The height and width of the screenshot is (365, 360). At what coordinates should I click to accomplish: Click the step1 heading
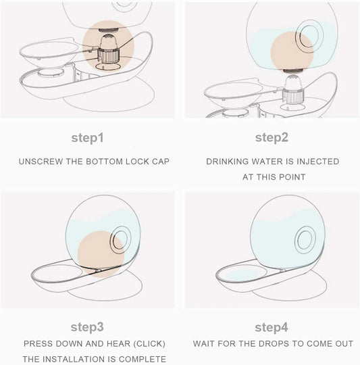(x=87, y=138)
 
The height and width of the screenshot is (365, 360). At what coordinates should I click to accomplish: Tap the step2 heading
(x=272, y=138)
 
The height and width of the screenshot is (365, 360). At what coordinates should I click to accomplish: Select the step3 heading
(x=87, y=327)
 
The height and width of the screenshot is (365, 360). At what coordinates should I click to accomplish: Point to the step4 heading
(x=272, y=328)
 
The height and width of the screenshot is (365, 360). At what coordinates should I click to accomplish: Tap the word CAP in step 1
(x=161, y=162)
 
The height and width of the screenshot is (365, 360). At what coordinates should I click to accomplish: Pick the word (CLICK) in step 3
(x=149, y=344)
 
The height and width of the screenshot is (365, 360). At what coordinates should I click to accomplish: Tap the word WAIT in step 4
(x=204, y=344)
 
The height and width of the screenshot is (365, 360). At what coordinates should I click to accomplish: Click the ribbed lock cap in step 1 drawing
(x=108, y=56)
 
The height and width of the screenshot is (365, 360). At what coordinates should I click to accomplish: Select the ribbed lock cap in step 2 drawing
(x=293, y=97)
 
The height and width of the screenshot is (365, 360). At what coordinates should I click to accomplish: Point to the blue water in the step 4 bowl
(x=242, y=274)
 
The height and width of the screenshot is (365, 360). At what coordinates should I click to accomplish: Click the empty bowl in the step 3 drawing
(x=57, y=273)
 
